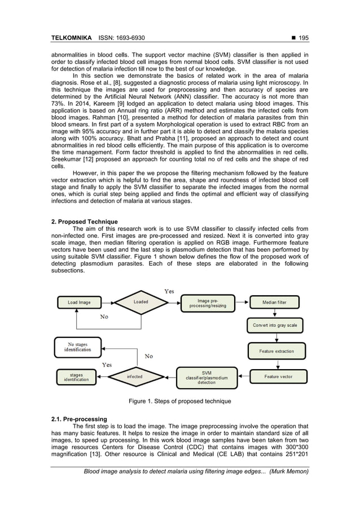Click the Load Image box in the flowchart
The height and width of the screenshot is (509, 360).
pyautogui.click(x=79, y=302)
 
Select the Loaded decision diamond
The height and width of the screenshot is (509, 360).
pyautogui.click(x=141, y=302)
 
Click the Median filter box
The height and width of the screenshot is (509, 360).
pyautogui.click(x=274, y=302)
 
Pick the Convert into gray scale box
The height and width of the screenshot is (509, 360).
pyautogui.click(x=275, y=326)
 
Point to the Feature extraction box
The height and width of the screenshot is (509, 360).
pyautogui.click(x=276, y=351)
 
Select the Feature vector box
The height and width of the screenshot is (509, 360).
pyautogui.click(x=278, y=376)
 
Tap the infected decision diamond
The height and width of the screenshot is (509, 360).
pyautogui.click(x=135, y=376)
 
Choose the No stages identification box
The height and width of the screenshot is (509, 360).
pyautogui.click(x=77, y=347)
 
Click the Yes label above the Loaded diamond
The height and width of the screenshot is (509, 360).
pyautogui.click(x=169, y=291)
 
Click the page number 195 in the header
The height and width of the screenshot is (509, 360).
pyautogui.click(x=304, y=38)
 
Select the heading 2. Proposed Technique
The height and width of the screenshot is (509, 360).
pyautogui.click(x=84, y=222)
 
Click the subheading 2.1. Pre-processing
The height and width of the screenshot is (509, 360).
pyautogui.click(x=79, y=419)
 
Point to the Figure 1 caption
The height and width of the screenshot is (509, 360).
pyautogui.click(x=179, y=401)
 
